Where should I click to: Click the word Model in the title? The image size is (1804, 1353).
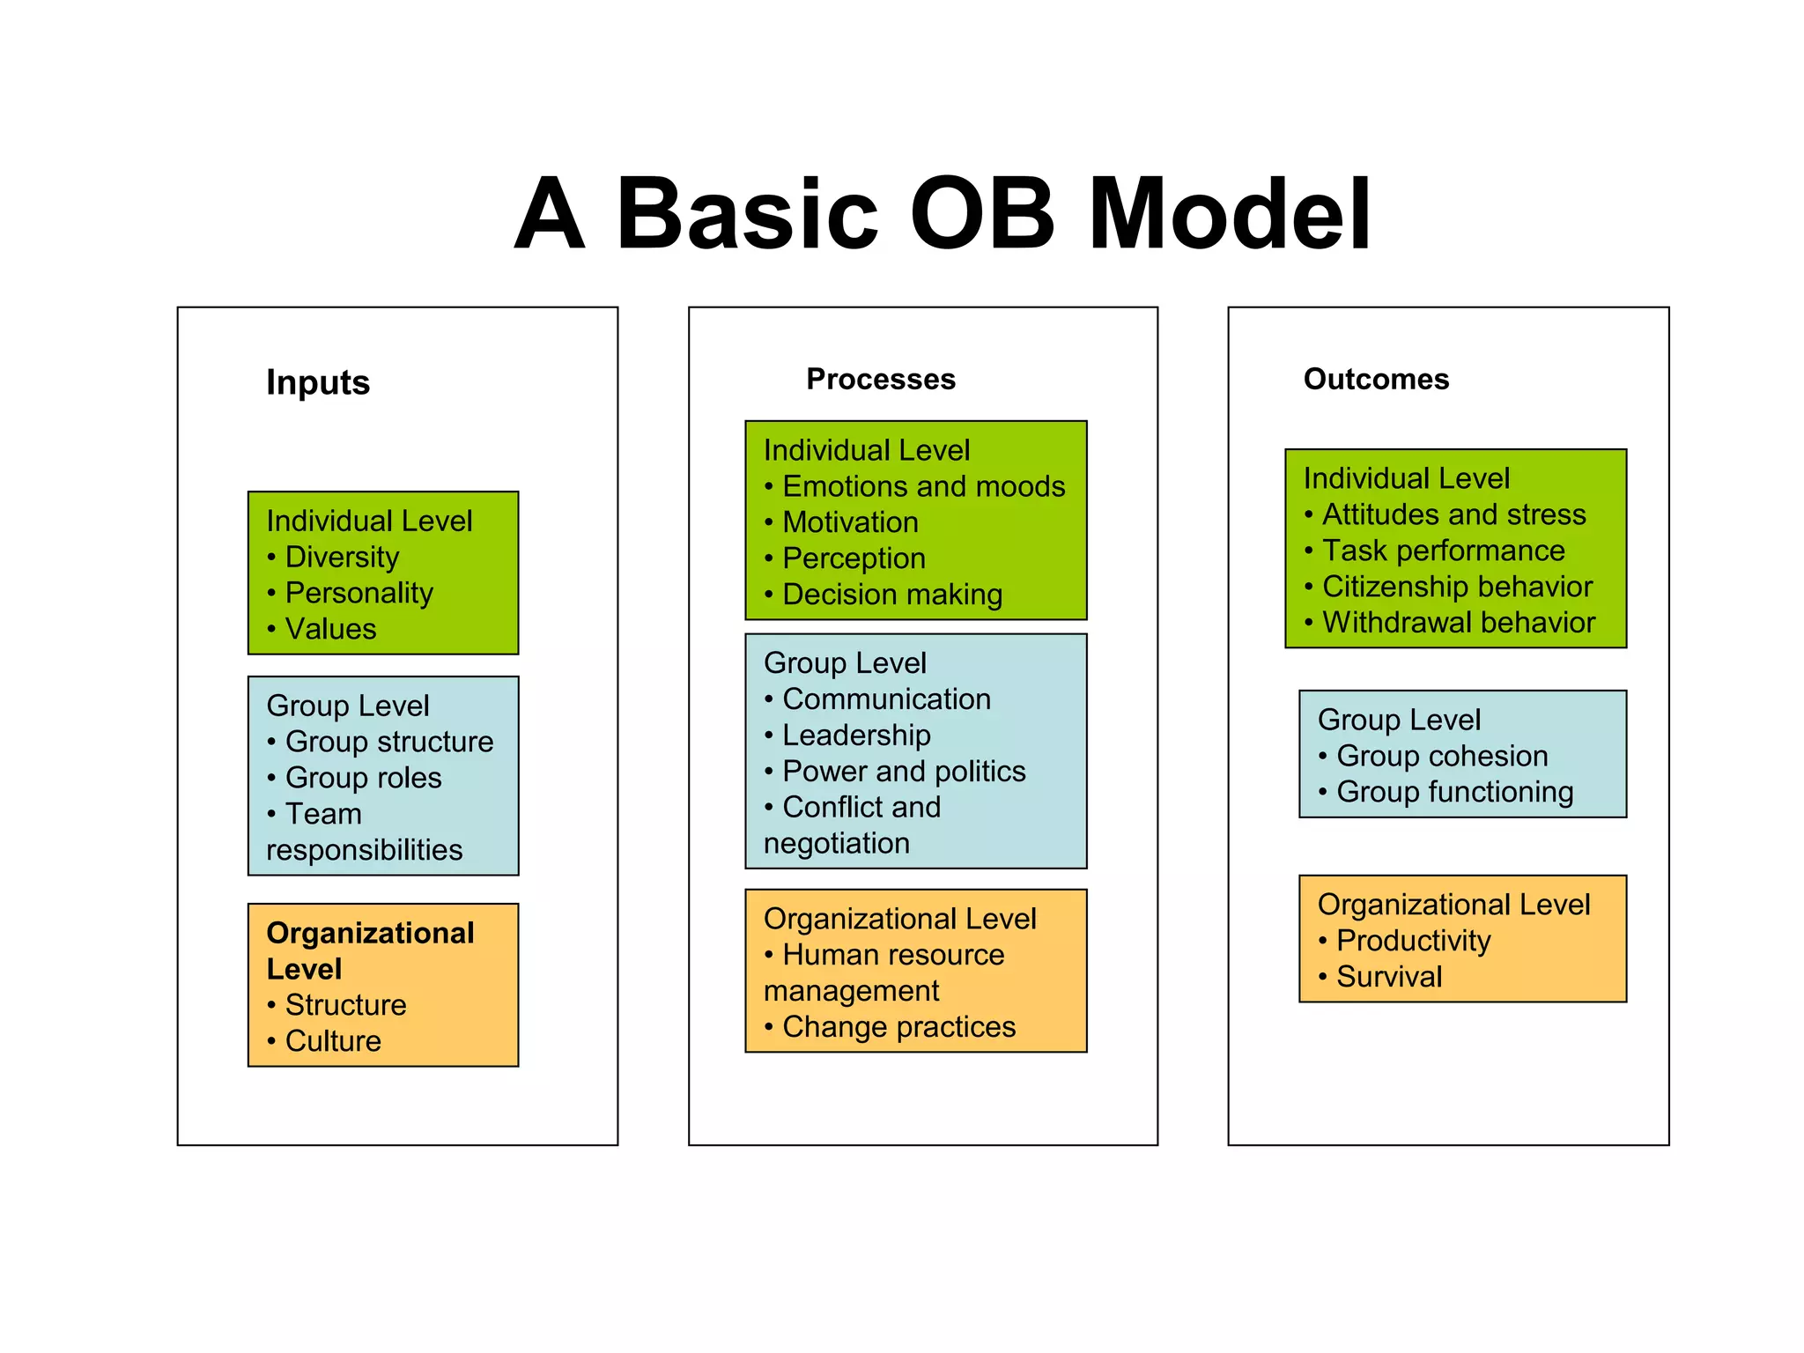tap(1229, 214)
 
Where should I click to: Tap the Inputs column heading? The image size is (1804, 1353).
tap(318, 382)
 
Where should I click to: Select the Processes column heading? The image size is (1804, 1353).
tap(881, 379)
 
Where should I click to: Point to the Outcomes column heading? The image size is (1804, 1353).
tap(1376, 379)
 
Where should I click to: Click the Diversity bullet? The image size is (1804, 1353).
tap(342, 557)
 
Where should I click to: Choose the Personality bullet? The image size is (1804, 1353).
tap(359, 593)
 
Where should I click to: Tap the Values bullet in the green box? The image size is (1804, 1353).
tap(330, 629)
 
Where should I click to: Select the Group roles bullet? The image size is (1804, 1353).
tap(363, 778)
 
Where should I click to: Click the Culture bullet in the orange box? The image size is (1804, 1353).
tap(333, 1041)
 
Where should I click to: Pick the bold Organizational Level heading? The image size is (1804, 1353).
tap(370, 950)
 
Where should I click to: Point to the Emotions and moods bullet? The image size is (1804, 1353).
tap(923, 486)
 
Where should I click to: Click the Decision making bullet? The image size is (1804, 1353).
tap(891, 595)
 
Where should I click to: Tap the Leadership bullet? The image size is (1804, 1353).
tap(856, 735)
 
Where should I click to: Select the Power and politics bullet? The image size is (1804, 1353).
tap(904, 771)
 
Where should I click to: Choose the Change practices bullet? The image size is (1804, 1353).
tap(898, 1027)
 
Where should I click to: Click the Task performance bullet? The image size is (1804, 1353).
tap(1443, 551)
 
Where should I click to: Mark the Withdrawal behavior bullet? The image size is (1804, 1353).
tap(1458, 623)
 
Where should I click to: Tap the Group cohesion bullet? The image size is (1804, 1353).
tap(1441, 756)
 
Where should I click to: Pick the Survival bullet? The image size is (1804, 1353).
tap(1388, 977)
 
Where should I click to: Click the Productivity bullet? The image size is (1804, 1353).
tap(1413, 941)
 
